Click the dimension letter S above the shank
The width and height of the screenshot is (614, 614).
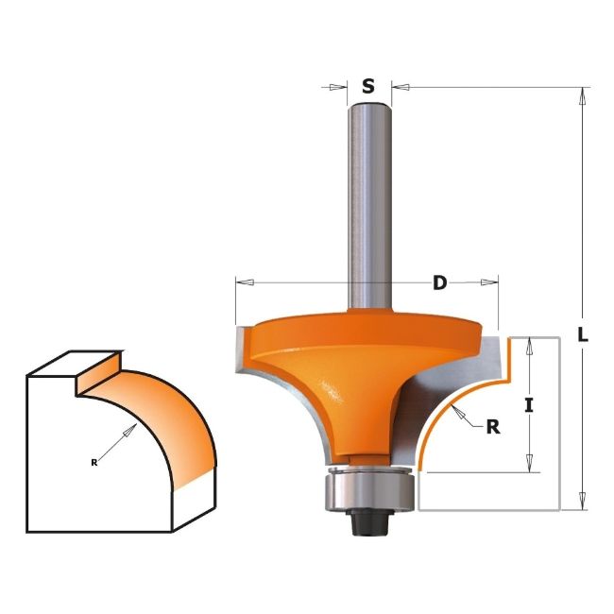pyautogui.click(x=368, y=86)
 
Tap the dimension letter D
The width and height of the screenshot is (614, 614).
pyautogui.click(x=439, y=281)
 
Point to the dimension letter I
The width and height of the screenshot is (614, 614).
pyautogui.click(x=529, y=405)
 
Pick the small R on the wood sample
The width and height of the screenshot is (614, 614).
pyautogui.click(x=94, y=462)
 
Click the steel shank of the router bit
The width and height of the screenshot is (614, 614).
pyautogui.click(x=368, y=208)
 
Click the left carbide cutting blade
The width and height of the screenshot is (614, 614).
pyautogui.click(x=238, y=351)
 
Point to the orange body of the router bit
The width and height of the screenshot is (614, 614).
pyautogui.click(x=350, y=378)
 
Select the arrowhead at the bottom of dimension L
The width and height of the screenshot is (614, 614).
pyautogui.click(x=583, y=504)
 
